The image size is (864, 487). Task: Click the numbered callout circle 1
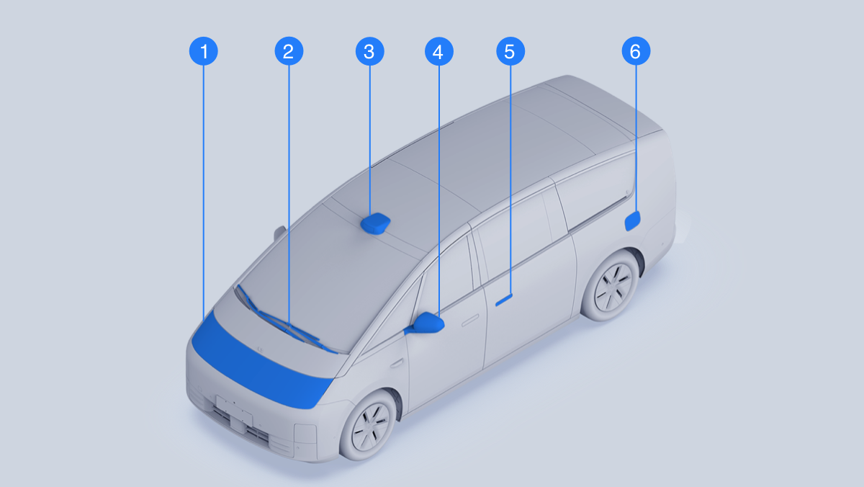tap(204, 51)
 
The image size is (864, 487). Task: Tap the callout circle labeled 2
tap(289, 51)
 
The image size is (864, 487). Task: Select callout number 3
tap(369, 51)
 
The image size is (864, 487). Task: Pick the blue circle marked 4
tap(439, 51)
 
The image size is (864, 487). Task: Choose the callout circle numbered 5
tap(510, 51)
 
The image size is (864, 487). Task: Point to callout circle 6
tap(636, 51)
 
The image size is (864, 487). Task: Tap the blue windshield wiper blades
tap(285, 322)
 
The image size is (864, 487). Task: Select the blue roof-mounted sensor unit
tap(375, 223)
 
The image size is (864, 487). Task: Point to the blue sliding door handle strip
tap(504, 300)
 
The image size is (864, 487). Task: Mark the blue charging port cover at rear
tap(633, 221)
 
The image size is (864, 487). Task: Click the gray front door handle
tap(470, 321)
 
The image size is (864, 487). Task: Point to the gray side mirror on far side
tap(279, 233)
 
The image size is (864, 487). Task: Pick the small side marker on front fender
tap(396, 364)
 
